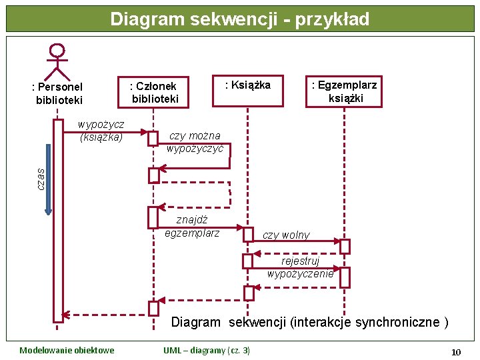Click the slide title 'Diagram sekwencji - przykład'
pyautogui.click(x=239, y=19)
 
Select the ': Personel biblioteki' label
pyautogui.click(x=58, y=93)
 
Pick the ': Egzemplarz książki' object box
pyautogui.click(x=345, y=91)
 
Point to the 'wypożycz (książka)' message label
pyautogui.click(x=101, y=131)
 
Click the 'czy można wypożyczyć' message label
pyautogui.click(x=195, y=142)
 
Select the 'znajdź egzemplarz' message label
pyautogui.click(x=192, y=226)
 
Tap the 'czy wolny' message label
pyautogui.click(x=286, y=235)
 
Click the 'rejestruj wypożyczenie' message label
pyautogui.click(x=300, y=267)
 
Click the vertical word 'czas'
pyautogui.click(x=40, y=177)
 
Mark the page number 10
pyautogui.click(x=456, y=351)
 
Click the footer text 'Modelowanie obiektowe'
pyautogui.click(x=67, y=351)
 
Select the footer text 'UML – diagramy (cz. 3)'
pyautogui.click(x=207, y=351)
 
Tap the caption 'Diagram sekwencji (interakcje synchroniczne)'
pyautogui.click(x=309, y=323)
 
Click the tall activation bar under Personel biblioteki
pyautogui.click(x=58, y=220)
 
